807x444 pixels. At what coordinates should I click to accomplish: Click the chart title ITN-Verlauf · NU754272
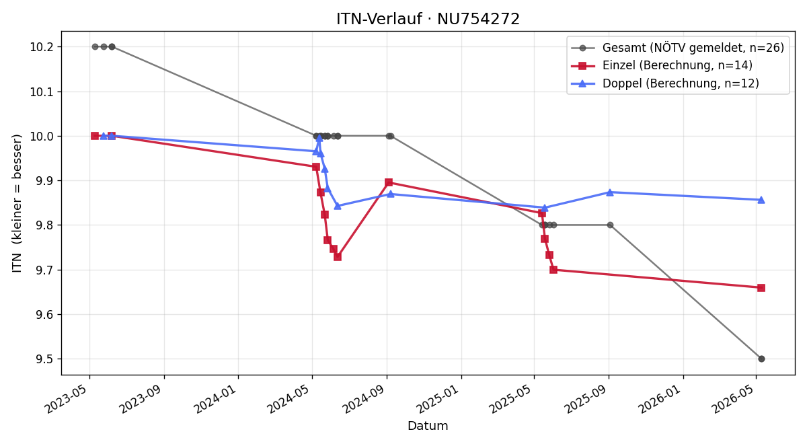pyautogui.click(x=428, y=19)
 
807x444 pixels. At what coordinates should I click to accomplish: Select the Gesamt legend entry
pyautogui.click(x=677, y=48)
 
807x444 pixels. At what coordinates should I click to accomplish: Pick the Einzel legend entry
pyautogui.click(x=662, y=65)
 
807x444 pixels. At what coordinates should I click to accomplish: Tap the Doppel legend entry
pyautogui.click(x=665, y=83)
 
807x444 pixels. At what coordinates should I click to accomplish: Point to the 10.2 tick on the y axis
pyautogui.click(x=42, y=47)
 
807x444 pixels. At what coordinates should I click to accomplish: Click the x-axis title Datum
pyautogui.click(x=428, y=426)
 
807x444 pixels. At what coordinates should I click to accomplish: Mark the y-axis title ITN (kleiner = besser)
pyautogui.click(x=17, y=203)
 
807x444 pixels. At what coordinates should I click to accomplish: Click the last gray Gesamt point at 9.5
pyautogui.click(x=761, y=359)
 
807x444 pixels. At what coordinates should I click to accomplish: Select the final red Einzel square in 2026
pyautogui.click(x=761, y=288)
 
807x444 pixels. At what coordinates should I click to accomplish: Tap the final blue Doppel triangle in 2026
pyautogui.click(x=761, y=200)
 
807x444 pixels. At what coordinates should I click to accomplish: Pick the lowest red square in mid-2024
pyautogui.click(x=338, y=257)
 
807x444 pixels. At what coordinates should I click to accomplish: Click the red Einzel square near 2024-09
pyautogui.click(x=389, y=182)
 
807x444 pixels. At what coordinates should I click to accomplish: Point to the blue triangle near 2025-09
pyautogui.click(x=610, y=192)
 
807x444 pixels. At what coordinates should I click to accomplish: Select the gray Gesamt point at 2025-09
pyautogui.click(x=611, y=225)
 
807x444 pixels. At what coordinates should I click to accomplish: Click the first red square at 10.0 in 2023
pyautogui.click(x=95, y=136)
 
